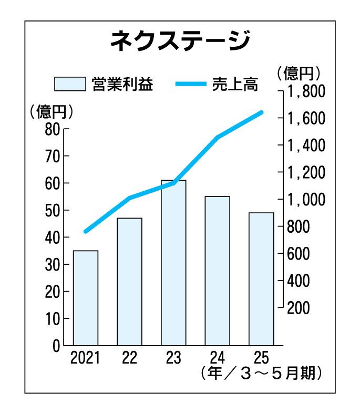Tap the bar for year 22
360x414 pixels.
coord(129,281)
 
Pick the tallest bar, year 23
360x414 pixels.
coord(173,263)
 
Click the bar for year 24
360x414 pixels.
coord(217,271)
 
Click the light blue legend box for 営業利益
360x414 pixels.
coord(70,84)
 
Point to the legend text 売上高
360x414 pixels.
coord(235,84)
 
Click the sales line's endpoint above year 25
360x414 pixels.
coord(261,112)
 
